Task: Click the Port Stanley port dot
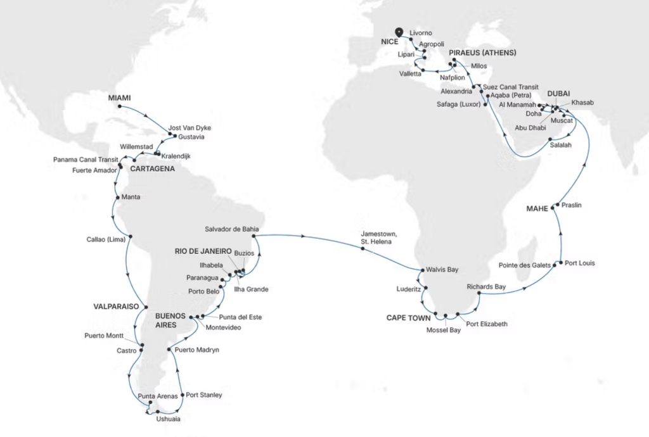pos(183,395)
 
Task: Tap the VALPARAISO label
pos(117,305)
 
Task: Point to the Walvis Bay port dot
pos(421,270)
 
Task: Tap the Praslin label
pos(573,206)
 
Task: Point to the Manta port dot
pos(116,197)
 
